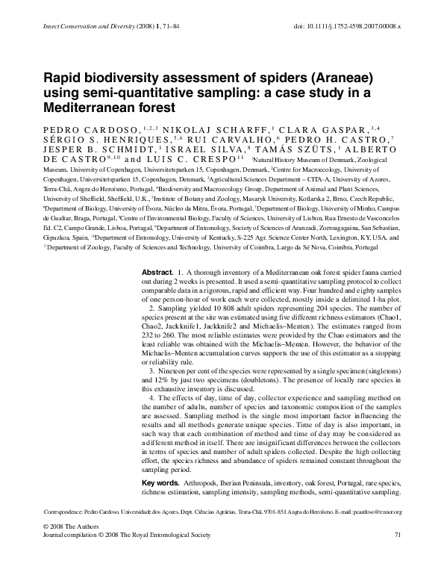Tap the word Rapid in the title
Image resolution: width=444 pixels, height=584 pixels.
[63, 78]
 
